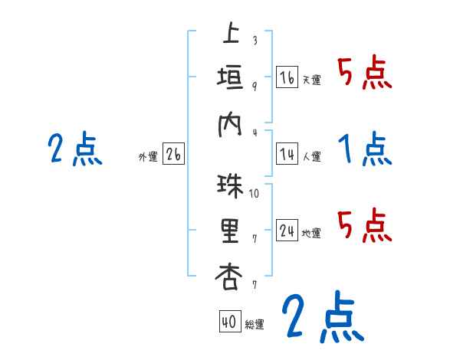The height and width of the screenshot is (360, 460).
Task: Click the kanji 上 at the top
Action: (x=230, y=35)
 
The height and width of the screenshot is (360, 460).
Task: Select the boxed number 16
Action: (x=287, y=78)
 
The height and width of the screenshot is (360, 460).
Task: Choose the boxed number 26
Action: (x=173, y=155)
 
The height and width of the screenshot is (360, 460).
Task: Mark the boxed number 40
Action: (x=228, y=322)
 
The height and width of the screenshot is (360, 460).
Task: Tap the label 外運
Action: (x=148, y=157)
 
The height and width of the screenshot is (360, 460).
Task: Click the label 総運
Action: (x=255, y=324)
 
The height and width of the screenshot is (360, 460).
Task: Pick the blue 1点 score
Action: (x=365, y=149)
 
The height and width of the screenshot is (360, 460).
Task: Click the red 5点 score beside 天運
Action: (x=365, y=74)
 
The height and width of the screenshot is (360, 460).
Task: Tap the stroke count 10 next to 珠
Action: (x=255, y=193)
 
